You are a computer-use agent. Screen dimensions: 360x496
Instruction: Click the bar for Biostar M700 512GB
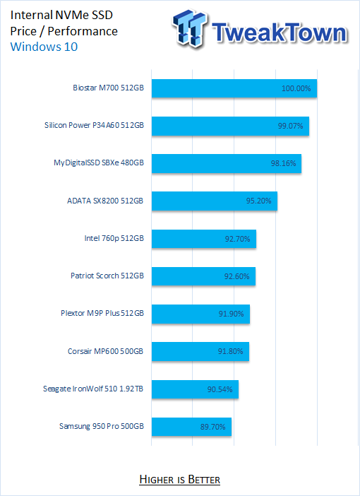(x=234, y=88)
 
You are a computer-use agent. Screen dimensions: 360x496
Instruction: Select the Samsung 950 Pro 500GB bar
(x=191, y=427)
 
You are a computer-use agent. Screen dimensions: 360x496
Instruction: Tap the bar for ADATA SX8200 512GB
(x=215, y=201)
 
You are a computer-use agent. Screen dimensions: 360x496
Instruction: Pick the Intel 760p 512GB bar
(x=204, y=239)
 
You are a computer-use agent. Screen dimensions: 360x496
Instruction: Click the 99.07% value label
(x=290, y=126)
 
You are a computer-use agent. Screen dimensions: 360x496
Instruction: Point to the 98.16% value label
(x=284, y=163)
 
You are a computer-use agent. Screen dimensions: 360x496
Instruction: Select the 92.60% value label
(x=236, y=276)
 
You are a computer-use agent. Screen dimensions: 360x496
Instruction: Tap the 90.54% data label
(x=220, y=389)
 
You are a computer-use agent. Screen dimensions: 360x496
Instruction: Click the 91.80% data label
(x=230, y=351)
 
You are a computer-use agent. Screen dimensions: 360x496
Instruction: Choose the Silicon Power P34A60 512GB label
(x=94, y=125)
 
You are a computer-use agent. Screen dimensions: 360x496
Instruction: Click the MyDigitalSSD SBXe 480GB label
(x=99, y=163)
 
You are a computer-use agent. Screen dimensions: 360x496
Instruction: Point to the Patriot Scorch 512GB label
(x=107, y=276)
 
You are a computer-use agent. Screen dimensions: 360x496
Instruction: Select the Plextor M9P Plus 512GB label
(x=102, y=313)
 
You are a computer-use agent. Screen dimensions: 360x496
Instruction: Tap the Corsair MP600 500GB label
(x=106, y=351)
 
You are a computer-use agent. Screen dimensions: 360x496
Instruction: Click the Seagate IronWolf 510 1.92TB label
(x=93, y=389)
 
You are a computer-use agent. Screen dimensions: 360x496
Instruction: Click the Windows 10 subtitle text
(x=44, y=47)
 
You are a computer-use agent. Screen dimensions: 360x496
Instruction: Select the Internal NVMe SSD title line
(x=61, y=15)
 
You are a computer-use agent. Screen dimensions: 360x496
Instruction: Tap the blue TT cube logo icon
(x=190, y=28)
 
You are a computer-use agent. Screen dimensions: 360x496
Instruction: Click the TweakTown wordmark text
(x=280, y=33)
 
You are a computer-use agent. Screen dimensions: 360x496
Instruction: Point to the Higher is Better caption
(x=180, y=480)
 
